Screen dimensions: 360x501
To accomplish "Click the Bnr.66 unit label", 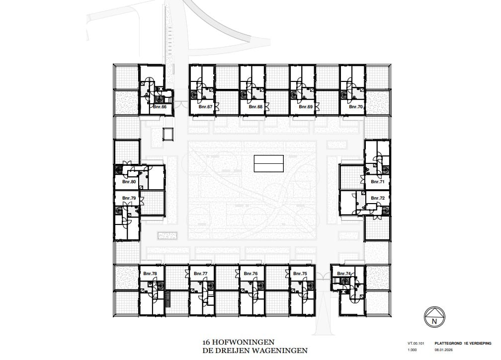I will pyautogui.click(x=160, y=107).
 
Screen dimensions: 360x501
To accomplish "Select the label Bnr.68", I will pyautogui.click(x=255, y=107).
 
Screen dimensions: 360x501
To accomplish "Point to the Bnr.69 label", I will pyautogui.click(x=305, y=107).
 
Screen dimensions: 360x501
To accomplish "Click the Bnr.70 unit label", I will pyautogui.click(x=356, y=107).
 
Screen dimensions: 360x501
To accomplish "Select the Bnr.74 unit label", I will pyautogui.click(x=344, y=274).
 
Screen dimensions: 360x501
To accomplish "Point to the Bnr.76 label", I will pyautogui.click(x=251, y=274).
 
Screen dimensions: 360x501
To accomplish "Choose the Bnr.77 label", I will pyautogui.click(x=200, y=274).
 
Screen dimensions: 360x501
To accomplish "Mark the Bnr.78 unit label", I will pyautogui.click(x=150, y=274).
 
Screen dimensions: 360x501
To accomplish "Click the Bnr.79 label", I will pyautogui.click(x=129, y=198).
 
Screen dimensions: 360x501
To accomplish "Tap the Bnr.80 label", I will pyautogui.click(x=129, y=182).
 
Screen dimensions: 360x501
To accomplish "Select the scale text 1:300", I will pyautogui.click(x=412, y=349).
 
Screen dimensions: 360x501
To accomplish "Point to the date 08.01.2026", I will pyautogui.click(x=444, y=349).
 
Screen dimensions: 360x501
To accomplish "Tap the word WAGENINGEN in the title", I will pyautogui.click(x=279, y=351).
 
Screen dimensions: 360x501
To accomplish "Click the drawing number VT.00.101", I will pyautogui.click(x=415, y=342).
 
